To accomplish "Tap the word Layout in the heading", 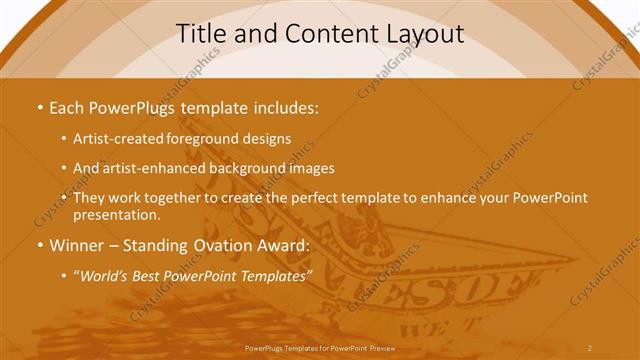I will point(421,33).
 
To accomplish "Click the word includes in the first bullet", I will point(287,106).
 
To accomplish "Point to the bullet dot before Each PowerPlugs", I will point(39,107).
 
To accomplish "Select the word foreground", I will point(206,140).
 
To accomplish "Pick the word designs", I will point(267,140).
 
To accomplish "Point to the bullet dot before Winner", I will point(39,245).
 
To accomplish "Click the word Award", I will point(282,245).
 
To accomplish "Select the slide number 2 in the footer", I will point(589,348).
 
